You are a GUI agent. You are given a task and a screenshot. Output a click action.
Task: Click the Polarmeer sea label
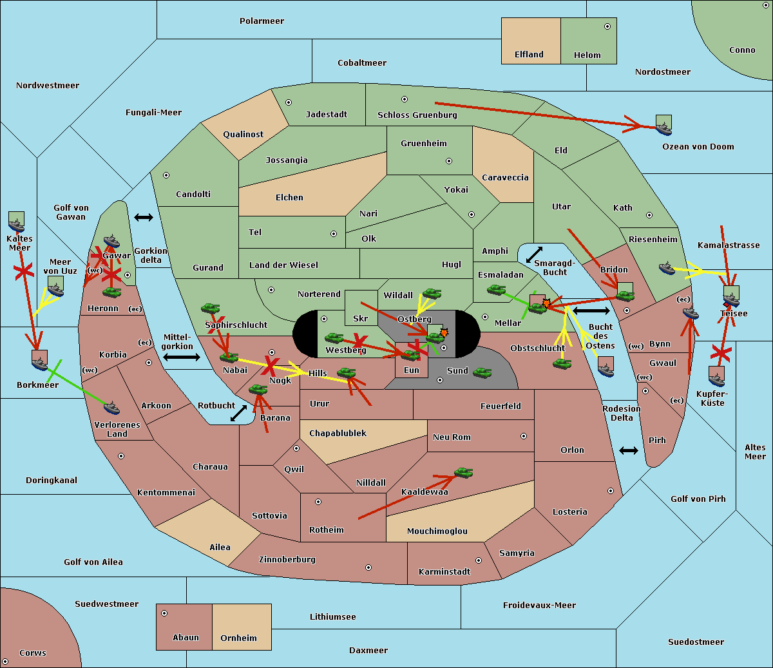coord(262,21)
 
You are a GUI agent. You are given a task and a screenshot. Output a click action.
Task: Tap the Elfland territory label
coord(529,55)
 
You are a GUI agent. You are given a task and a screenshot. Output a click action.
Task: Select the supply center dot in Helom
coord(607,26)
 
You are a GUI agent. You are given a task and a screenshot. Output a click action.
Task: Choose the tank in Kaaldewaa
coord(464,472)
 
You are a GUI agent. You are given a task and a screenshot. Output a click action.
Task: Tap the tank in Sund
coord(482,372)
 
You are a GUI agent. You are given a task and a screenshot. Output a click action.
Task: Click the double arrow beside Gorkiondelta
coord(144,217)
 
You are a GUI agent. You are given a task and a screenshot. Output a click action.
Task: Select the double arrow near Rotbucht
coord(238,414)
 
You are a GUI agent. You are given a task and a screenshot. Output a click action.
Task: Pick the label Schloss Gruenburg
coord(417,115)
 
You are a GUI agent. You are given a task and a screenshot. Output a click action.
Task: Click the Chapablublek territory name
coord(338,433)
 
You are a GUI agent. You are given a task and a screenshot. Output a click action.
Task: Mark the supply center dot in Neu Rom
coord(524,436)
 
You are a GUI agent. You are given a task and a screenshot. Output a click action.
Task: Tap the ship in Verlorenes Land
coord(111,408)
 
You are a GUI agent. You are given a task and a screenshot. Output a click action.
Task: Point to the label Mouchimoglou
coord(437,531)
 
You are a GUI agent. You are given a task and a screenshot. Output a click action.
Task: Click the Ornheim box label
coord(238,638)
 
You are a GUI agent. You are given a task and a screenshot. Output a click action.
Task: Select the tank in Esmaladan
coord(496,290)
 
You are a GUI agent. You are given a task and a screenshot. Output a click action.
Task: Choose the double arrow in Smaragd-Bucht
coord(534,254)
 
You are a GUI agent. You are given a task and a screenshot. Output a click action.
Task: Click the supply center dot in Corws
coord(5,662)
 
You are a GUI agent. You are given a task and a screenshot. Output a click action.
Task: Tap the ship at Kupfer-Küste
coord(716,380)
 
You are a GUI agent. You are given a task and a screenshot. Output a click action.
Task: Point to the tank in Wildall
coord(432,294)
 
